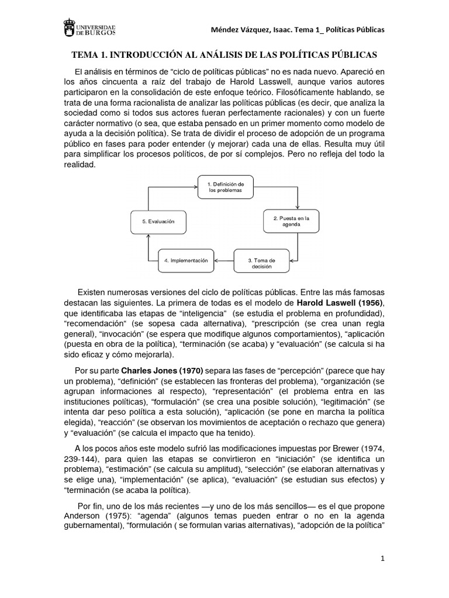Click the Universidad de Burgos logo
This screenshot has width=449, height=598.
[88, 30]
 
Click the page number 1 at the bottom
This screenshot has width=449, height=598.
[382, 558]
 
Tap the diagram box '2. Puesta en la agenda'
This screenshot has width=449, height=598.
[291, 222]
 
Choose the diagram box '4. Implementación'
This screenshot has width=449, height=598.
[186, 260]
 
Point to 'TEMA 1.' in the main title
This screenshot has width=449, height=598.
[89, 55]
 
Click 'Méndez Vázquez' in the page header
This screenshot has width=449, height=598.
[243, 30]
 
